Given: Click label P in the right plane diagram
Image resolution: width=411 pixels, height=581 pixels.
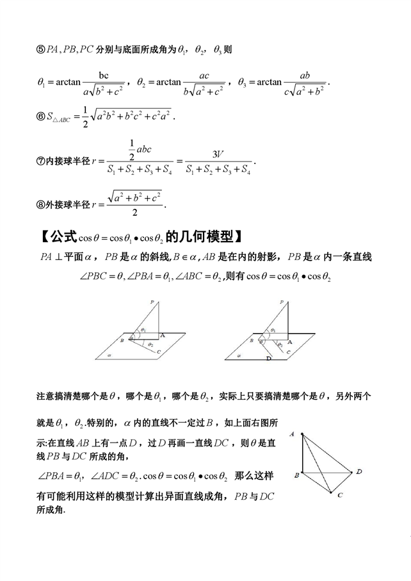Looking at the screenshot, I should [280, 301].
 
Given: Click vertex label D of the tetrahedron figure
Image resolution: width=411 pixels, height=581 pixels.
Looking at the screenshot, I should [359, 472].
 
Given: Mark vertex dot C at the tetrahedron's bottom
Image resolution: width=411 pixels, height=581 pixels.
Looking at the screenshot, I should [330, 493].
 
